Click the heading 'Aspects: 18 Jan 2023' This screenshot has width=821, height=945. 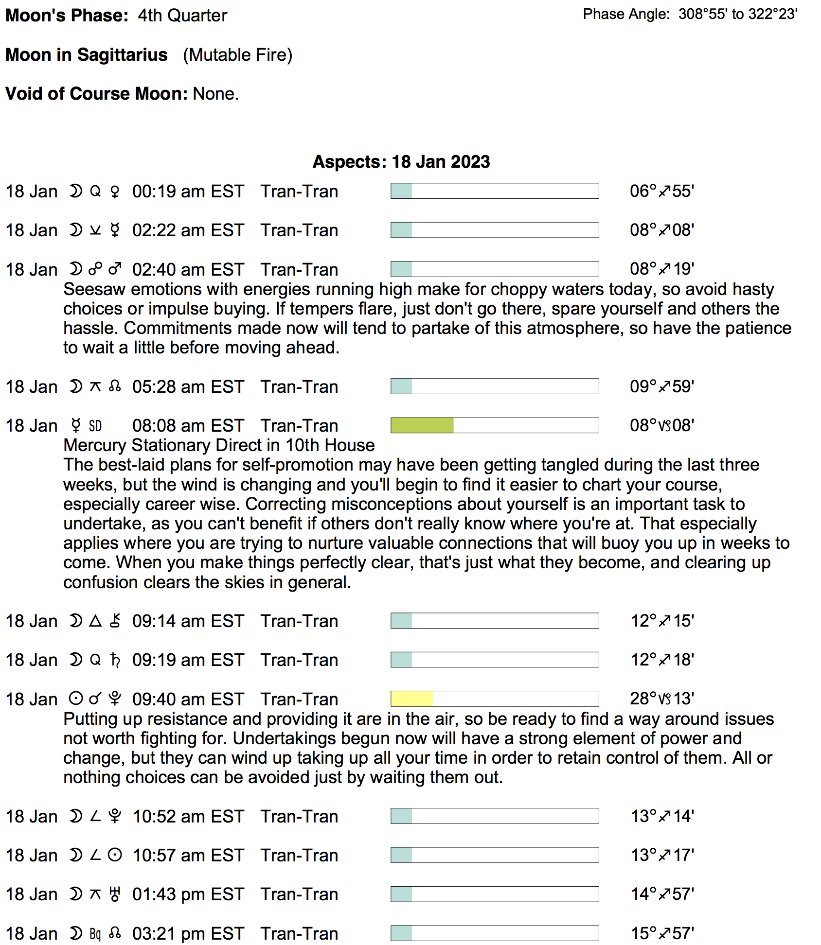(x=401, y=162)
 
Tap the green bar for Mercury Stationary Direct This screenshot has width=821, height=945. (x=422, y=425)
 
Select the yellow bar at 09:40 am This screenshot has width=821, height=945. (x=411, y=699)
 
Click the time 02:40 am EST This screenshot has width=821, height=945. (x=188, y=270)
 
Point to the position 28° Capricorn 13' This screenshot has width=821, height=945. (x=661, y=699)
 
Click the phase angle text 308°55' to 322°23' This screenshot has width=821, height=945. (x=737, y=14)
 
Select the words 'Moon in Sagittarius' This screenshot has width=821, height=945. (x=87, y=55)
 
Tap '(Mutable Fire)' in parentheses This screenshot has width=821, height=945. (x=237, y=55)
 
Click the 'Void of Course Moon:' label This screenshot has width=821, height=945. (x=96, y=93)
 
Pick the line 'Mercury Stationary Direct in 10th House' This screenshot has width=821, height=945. (x=219, y=445)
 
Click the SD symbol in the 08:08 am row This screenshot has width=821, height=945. (x=95, y=426)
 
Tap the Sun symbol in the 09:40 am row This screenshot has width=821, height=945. (x=76, y=699)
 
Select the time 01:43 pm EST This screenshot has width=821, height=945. (x=188, y=894)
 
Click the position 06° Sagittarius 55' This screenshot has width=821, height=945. (x=661, y=191)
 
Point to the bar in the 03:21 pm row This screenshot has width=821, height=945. (x=494, y=933)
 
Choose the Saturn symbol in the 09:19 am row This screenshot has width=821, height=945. (x=115, y=660)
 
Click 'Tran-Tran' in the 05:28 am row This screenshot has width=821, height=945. (x=299, y=387)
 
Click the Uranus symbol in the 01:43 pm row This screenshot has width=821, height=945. (x=115, y=894)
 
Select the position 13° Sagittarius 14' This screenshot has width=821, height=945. (x=662, y=816)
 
